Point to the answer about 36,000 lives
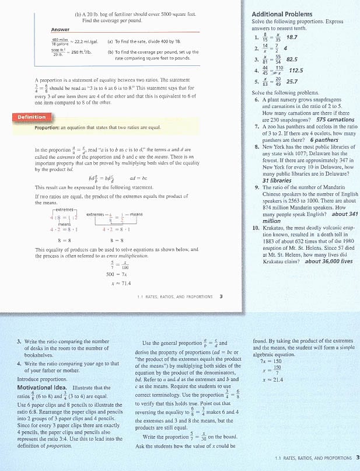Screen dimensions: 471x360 pos(328,261)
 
